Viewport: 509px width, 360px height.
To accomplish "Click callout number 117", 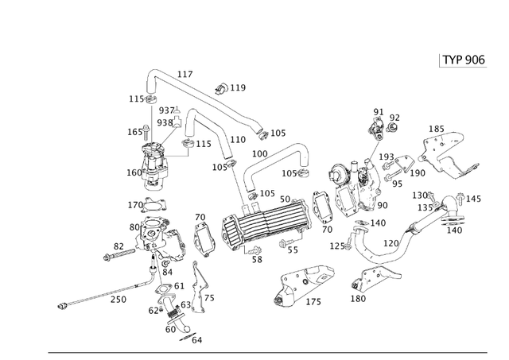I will pyautogui.click(x=185, y=75).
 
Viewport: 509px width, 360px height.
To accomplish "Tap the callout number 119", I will pyautogui.click(x=238, y=88).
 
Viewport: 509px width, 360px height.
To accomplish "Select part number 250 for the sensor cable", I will pyautogui.click(x=118, y=299).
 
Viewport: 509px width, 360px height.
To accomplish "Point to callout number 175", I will pyautogui.click(x=313, y=302).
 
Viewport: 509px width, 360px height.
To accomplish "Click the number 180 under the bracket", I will pyautogui.click(x=358, y=299).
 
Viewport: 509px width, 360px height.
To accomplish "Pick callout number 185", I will pyautogui.click(x=437, y=129).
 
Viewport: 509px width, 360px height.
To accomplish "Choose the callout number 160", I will pyautogui.click(x=134, y=172).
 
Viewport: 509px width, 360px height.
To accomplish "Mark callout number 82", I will pyautogui.click(x=119, y=247).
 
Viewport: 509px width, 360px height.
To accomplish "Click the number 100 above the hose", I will pyautogui.click(x=259, y=153).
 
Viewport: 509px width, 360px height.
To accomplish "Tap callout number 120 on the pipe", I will pyautogui.click(x=391, y=243).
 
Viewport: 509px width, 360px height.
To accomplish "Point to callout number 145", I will pyautogui.click(x=473, y=199).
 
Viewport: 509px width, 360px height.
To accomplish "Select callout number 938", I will pyautogui.click(x=164, y=122).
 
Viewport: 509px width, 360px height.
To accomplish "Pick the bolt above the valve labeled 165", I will pyautogui.click(x=149, y=129).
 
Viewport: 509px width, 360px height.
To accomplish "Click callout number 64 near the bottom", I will pyautogui.click(x=197, y=340).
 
